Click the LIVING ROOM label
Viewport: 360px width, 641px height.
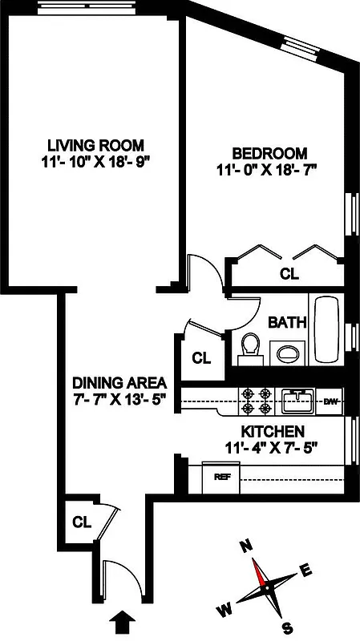[95, 145]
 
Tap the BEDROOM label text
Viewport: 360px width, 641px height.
[269, 154]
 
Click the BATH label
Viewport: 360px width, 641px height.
[287, 323]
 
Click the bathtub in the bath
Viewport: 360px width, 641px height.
[326, 330]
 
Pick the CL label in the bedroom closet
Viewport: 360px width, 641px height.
[289, 273]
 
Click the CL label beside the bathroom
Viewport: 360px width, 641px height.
[201, 357]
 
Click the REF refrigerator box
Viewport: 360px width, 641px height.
[222, 477]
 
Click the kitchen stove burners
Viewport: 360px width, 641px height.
[254, 401]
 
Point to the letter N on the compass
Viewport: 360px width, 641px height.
[248, 547]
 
